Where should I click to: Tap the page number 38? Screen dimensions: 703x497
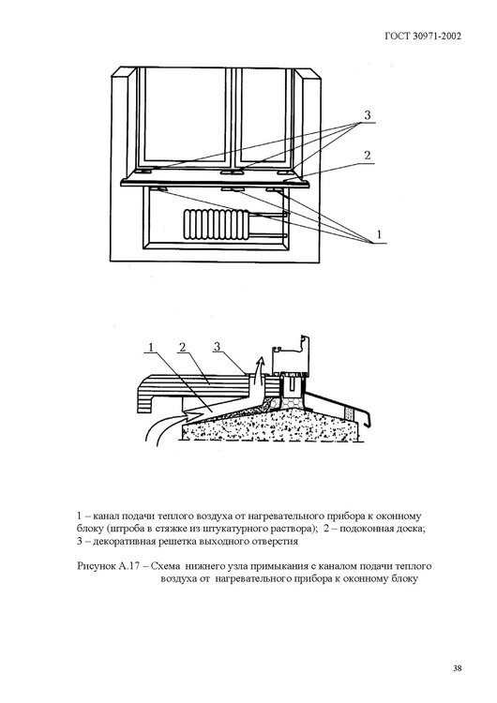pos(456,667)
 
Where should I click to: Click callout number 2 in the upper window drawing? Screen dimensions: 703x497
pos(369,154)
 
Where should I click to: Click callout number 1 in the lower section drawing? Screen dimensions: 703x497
pos(151,349)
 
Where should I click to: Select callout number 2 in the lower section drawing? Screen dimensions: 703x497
pos(185,349)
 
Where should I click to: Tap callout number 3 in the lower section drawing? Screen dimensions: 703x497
pos(218,349)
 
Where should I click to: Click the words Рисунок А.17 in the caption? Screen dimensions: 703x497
pos(107,566)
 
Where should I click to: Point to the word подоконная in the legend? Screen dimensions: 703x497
pos(360,529)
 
